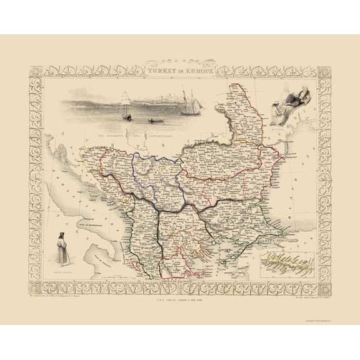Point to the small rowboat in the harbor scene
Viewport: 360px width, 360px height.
point(152,121)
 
